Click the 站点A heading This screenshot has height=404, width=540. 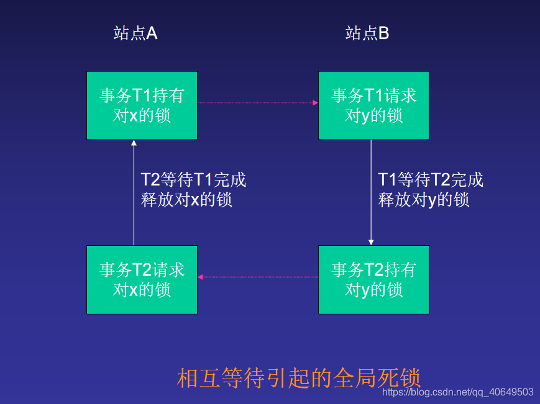click(x=135, y=33)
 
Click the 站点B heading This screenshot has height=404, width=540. click(x=367, y=33)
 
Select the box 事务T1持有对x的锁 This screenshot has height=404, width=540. click(x=142, y=105)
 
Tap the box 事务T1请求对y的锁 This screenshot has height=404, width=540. click(x=373, y=105)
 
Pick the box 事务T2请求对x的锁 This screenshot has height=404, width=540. click(x=142, y=280)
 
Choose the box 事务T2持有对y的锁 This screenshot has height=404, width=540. click(x=373, y=280)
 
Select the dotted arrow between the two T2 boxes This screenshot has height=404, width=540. click(x=257, y=277)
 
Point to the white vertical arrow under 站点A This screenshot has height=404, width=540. click(x=134, y=193)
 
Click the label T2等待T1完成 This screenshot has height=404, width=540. click(x=194, y=180)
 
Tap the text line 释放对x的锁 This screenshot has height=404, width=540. click(x=187, y=200)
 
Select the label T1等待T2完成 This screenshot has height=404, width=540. click(x=431, y=180)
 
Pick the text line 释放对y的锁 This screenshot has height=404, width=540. click(x=424, y=200)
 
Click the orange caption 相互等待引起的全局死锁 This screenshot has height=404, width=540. click(x=299, y=378)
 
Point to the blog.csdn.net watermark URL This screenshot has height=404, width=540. click(x=457, y=392)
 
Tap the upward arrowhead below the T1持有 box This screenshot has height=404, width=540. click(x=134, y=144)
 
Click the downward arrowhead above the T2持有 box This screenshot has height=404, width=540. click(x=371, y=242)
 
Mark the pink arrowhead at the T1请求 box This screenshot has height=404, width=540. click(x=315, y=103)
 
